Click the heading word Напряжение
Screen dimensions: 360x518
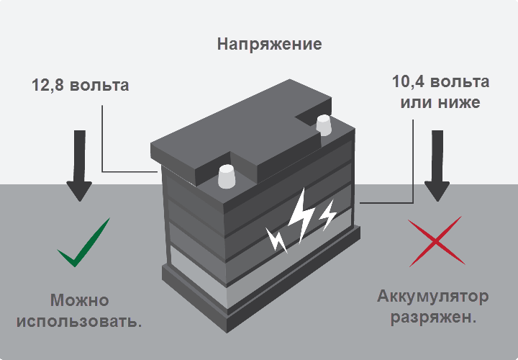tap(269, 44)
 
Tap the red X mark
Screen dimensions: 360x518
tap(435, 241)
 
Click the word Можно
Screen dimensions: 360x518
tap(79, 300)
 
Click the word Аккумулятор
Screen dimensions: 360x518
tap(433, 297)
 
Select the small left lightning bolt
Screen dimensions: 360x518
tap(277, 240)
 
